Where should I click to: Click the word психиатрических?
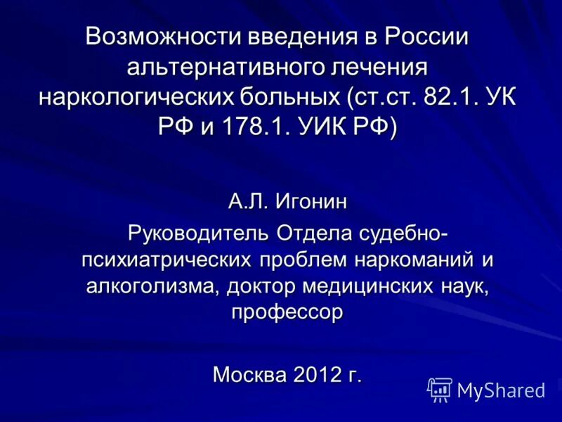[166, 260]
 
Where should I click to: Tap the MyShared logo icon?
[440, 389]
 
